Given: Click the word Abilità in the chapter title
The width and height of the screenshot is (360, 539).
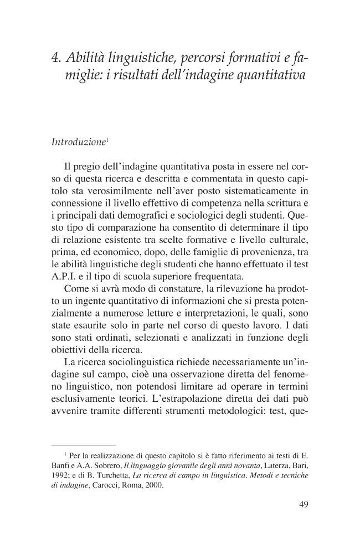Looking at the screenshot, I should click(84, 58).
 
